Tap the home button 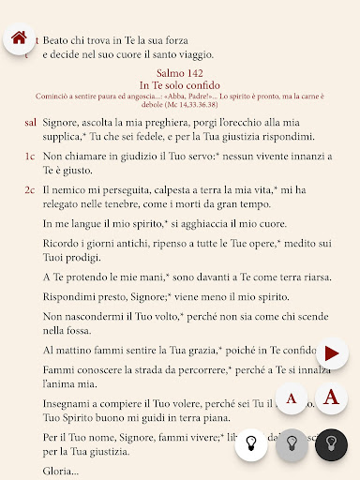point(19,38)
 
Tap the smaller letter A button point(291,399)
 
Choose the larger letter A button point(330,398)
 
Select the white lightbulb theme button point(250,442)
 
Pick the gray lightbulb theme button point(291,442)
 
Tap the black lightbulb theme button point(331,442)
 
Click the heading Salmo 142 point(185,73)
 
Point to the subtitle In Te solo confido point(185,85)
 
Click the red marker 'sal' point(30,123)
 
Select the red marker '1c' point(30,156)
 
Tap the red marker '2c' point(30,190)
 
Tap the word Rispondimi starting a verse point(74,296)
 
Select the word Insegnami point(72,402)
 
